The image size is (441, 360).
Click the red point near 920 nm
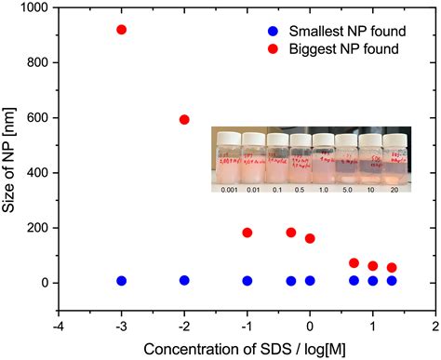[x=121, y=30]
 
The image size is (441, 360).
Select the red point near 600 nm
[x=184, y=119]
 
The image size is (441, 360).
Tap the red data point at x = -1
[x=247, y=233]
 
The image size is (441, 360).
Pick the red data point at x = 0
[x=310, y=238]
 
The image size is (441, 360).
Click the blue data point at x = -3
[x=121, y=280]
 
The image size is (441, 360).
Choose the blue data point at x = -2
[x=184, y=280]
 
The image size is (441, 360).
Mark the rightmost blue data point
[x=392, y=280]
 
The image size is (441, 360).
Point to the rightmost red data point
[x=392, y=268]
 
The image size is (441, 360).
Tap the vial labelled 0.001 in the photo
[x=229, y=164]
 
